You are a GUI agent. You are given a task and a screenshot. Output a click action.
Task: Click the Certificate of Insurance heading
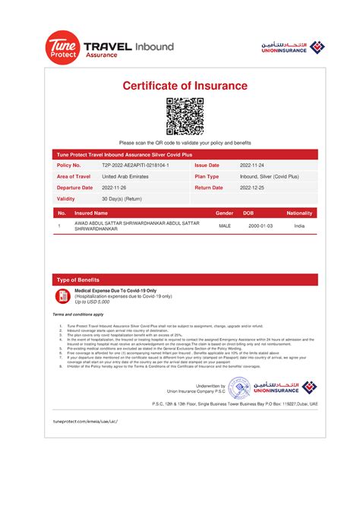tap(185, 86)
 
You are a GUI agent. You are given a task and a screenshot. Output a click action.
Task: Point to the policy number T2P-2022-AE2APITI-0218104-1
tap(135, 165)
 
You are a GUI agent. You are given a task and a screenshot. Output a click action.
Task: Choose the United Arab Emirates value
tap(125, 176)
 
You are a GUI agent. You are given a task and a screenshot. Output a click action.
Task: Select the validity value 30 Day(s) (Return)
tap(122, 199)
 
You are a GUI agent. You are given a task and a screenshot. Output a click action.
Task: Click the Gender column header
tap(225, 213)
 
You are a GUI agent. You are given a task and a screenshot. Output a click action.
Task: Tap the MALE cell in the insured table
tap(225, 226)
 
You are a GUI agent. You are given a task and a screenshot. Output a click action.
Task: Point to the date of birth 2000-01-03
tap(257, 226)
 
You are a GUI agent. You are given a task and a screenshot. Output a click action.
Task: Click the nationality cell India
tap(299, 226)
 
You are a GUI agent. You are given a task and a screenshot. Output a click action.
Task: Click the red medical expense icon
tap(62, 296)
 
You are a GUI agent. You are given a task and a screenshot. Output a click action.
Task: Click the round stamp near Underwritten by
tap(238, 389)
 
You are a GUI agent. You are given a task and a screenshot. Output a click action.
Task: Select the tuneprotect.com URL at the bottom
tap(86, 419)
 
